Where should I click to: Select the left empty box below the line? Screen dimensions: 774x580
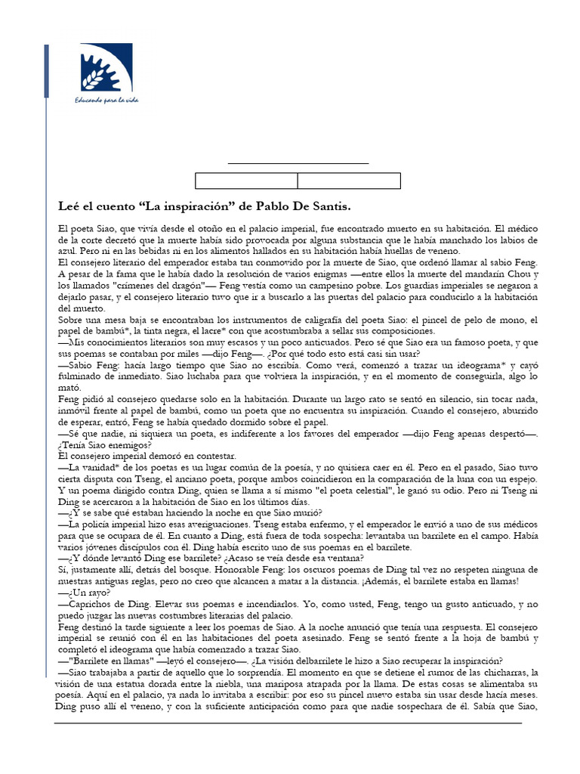pyautogui.click(x=246, y=181)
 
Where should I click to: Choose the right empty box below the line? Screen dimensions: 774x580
pyautogui.click(x=349, y=181)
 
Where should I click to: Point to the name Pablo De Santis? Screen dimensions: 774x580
pyautogui.click(x=298, y=206)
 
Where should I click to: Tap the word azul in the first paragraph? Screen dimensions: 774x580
pyautogui.click(x=69, y=251)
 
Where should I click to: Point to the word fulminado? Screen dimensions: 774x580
pyautogui.click(x=84, y=376)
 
